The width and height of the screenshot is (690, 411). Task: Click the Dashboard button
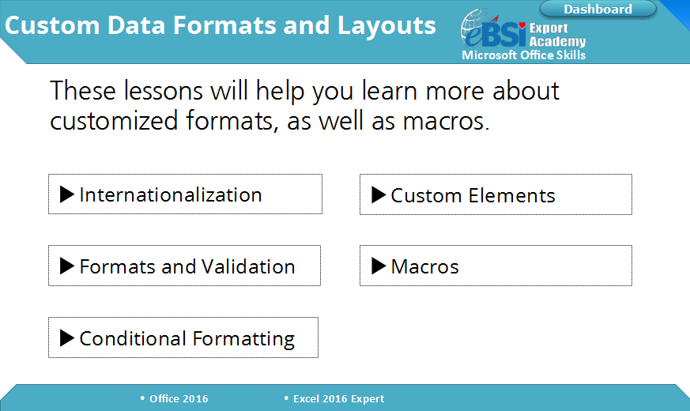click(x=598, y=9)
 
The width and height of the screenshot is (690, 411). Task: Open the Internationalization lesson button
click(x=185, y=194)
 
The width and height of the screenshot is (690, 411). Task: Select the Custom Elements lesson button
click(x=496, y=194)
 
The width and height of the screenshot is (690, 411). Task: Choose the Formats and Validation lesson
click(x=184, y=266)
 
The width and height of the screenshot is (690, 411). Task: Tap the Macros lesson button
click(x=496, y=266)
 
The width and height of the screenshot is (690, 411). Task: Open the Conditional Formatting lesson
click(x=183, y=337)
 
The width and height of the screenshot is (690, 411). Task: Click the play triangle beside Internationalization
click(x=67, y=194)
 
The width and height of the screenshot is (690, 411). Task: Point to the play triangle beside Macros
click(x=379, y=266)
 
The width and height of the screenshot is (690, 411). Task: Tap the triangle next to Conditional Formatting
click(x=67, y=338)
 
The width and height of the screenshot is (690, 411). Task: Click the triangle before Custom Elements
click(x=379, y=194)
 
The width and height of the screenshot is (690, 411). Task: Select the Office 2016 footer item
click(x=174, y=398)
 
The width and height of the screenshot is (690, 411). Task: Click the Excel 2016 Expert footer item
click(x=334, y=398)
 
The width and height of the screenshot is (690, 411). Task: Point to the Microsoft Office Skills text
click(x=524, y=55)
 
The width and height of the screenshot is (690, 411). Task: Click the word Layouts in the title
click(x=386, y=25)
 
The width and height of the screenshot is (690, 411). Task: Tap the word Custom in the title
click(x=52, y=25)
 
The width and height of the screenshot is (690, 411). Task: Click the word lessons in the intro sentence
click(x=164, y=91)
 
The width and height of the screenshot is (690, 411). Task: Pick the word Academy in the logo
click(x=557, y=41)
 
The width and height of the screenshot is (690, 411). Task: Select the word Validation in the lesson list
click(x=248, y=266)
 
